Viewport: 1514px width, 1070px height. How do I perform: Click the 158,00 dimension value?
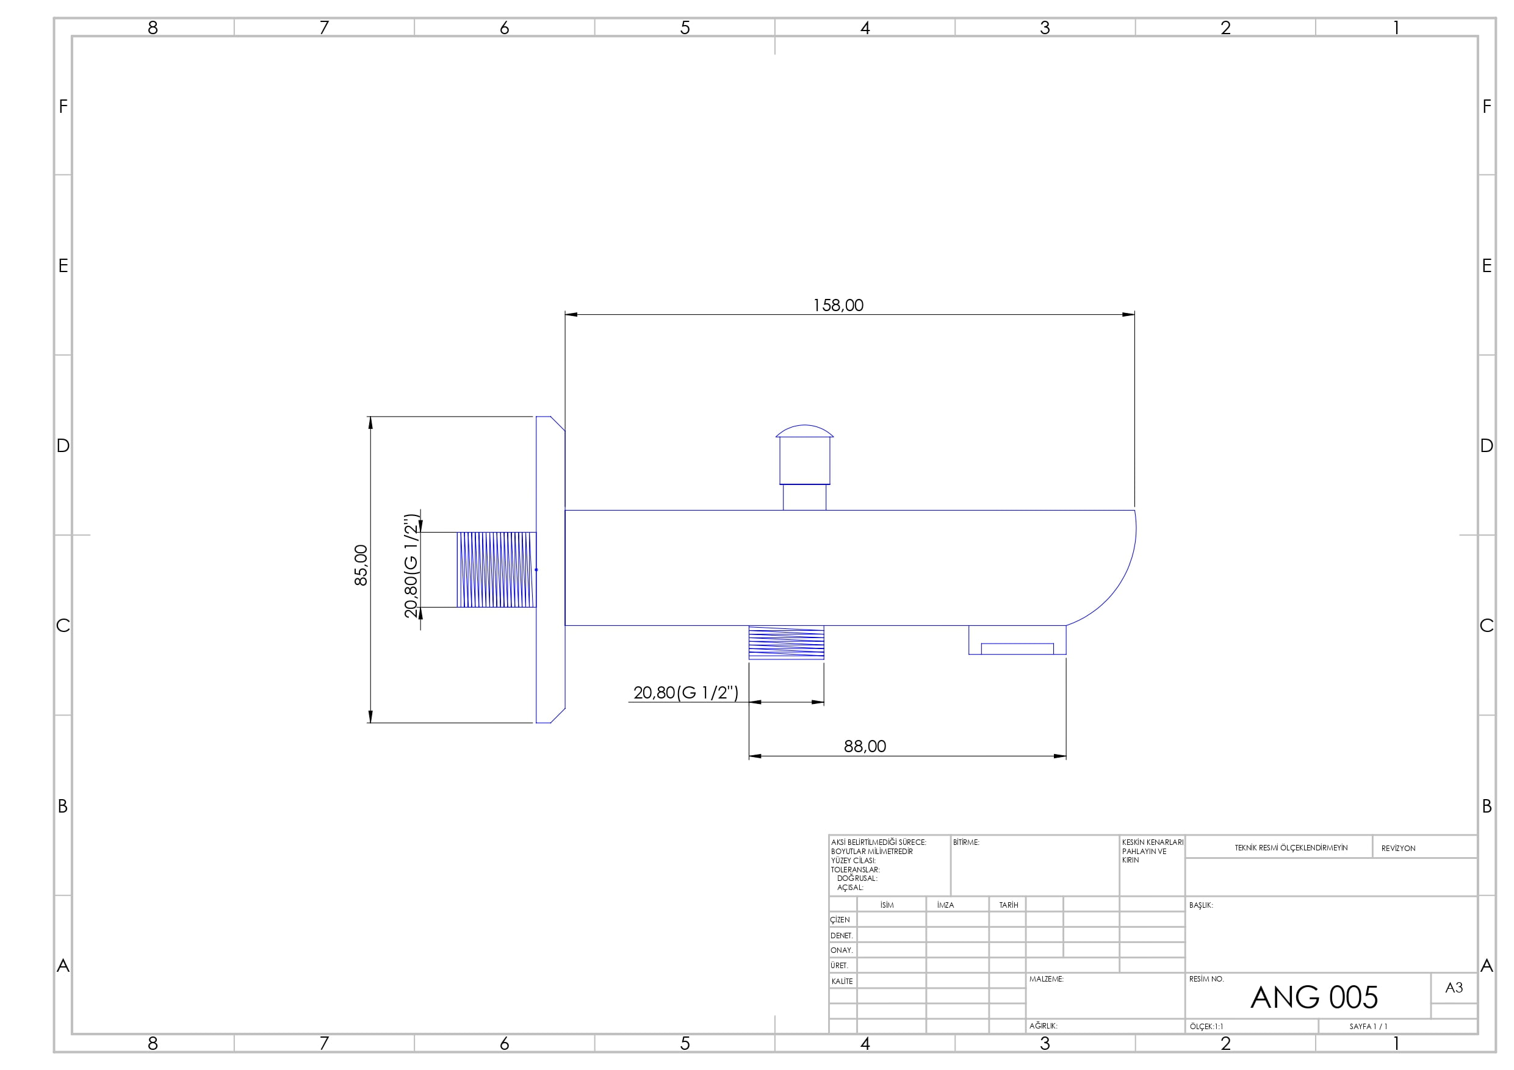pos(837,305)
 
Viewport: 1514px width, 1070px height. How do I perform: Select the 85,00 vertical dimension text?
pos(361,565)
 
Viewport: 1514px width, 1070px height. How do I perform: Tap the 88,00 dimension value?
pos(865,746)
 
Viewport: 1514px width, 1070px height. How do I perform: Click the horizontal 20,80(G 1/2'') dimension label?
pos(686,692)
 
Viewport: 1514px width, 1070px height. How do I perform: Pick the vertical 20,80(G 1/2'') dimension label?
pos(411,566)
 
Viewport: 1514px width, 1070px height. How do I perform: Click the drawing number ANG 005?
pos(1314,997)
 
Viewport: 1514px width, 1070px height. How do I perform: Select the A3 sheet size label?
pos(1454,988)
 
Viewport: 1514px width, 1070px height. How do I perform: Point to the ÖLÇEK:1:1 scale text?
pos(1206,1027)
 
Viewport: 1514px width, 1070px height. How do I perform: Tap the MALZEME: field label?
pos(1046,979)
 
